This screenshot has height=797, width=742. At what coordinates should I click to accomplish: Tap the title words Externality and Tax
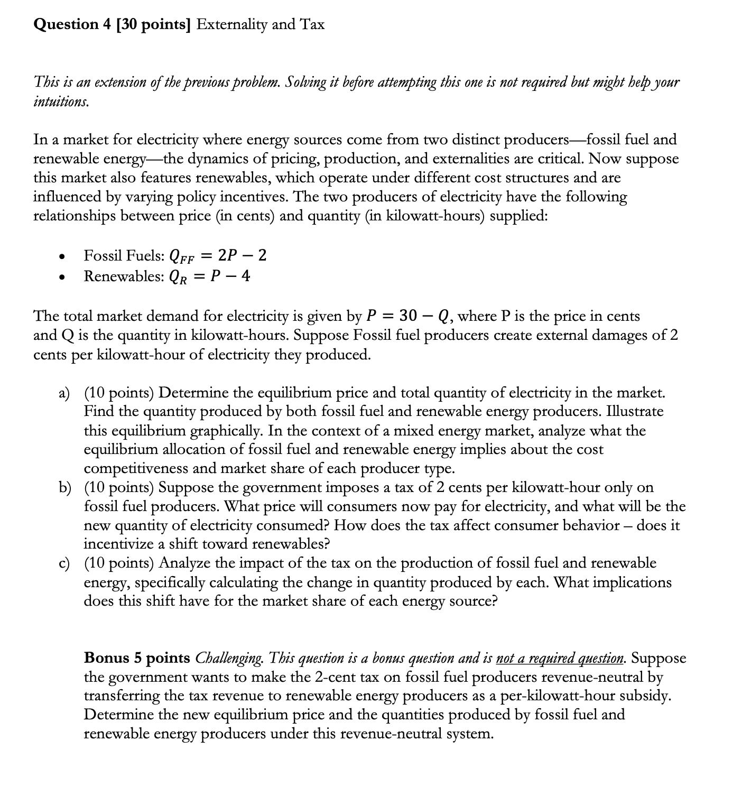coord(260,24)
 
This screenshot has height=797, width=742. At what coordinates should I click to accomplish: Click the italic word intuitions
coord(61,101)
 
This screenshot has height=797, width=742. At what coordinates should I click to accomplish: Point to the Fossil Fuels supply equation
coord(217,256)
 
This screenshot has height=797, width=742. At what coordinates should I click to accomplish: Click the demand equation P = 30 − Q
coord(409,316)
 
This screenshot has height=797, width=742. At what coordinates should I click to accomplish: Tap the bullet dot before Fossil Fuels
coord(62,257)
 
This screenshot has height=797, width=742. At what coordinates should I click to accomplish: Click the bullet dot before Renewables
coord(62,277)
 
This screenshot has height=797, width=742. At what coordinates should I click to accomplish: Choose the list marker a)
coord(64,393)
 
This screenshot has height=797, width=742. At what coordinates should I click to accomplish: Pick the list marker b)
coord(64,487)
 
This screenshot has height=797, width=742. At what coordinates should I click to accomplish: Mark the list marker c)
coord(64,563)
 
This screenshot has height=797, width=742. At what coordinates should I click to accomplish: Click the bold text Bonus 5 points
coord(137,658)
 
